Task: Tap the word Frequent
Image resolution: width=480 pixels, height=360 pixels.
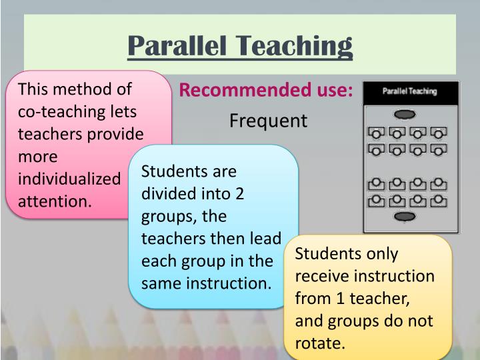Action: pos(268,121)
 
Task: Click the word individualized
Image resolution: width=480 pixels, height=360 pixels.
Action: pos(69,179)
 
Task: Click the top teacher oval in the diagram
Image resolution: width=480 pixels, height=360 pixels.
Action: pos(404,115)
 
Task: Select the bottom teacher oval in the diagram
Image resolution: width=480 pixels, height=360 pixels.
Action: pos(404,216)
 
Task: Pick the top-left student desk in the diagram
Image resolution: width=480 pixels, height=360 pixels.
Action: pos(375,133)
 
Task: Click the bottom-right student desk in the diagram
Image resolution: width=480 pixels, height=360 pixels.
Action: pos(438,200)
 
